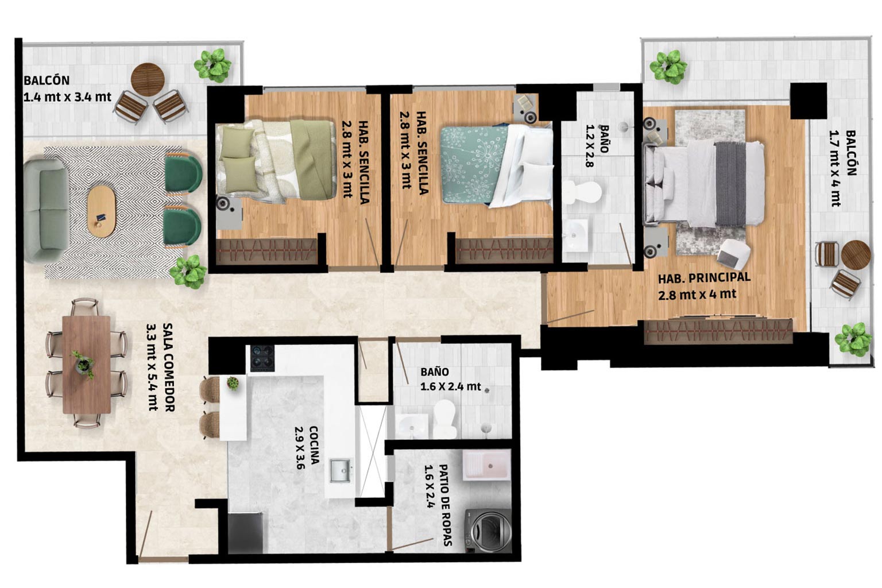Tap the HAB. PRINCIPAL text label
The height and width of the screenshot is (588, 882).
point(704,278)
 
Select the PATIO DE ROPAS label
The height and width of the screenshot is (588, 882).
point(445,505)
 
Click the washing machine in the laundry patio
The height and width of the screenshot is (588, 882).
point(488,531)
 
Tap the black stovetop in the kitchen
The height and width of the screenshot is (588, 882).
point(262,358)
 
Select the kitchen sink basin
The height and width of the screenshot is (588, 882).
point(340,470)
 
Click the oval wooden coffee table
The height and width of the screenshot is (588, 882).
point(101,211)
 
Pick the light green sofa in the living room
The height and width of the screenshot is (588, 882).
point(45,211)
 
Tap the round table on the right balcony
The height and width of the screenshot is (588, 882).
point(856,254)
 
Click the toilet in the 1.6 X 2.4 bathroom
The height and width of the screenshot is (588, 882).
point(445,418)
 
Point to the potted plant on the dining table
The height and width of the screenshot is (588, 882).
point(83,364)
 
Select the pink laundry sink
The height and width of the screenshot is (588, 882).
point(487,465)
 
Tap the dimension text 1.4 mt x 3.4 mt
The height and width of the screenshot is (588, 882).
point(67,97)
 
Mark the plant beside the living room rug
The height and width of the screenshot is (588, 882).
point(189,272)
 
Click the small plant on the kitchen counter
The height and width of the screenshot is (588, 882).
point(233,383)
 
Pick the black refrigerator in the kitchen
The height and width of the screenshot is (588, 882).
point(245,533)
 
